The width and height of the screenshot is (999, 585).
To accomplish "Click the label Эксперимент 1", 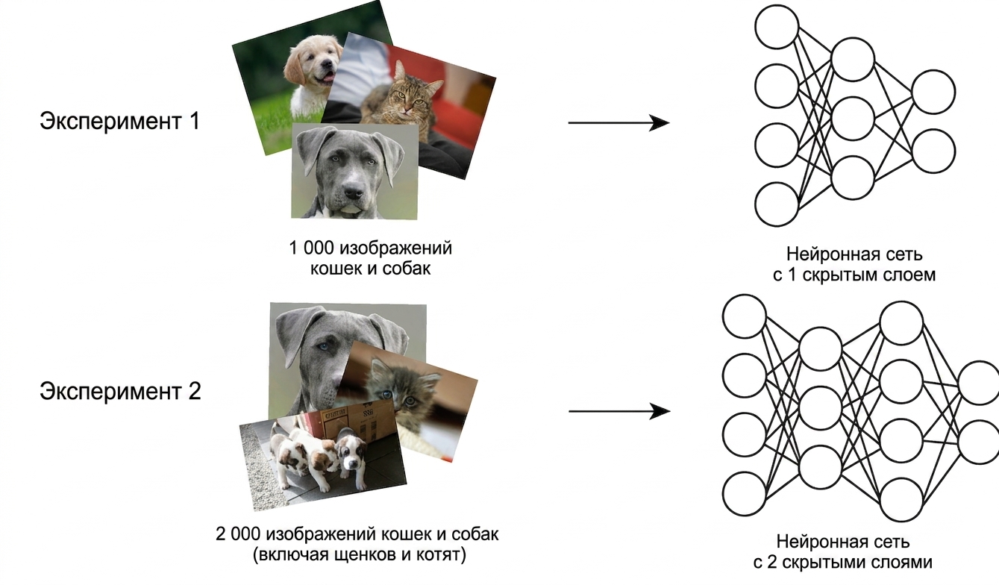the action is pyautogui.click(x=119, y=122).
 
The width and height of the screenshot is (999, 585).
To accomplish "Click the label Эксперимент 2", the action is pyautogui.click(x=120, y=392).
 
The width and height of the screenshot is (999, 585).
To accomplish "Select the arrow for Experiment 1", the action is pyautogui.click(x=618, y=122).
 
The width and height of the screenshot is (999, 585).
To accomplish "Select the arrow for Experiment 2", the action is pyautogui.click(x=619, y=411).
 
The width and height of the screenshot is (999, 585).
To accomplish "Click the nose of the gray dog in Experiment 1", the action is pyautogui.click(x=353, y=193).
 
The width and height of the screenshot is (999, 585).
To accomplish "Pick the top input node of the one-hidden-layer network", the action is pyautogui.click(x=777, y=27).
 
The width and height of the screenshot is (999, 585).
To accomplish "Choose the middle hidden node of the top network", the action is pyautogui.click(x=853, y=118).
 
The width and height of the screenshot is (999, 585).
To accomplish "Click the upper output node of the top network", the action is pyautogui.click(x=933, y=92).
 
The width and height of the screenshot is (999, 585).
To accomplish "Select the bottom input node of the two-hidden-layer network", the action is pyautogui.click(x=745, y=494).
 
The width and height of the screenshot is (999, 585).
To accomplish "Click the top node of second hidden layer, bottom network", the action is pyautogui.click(x=901, y=323).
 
